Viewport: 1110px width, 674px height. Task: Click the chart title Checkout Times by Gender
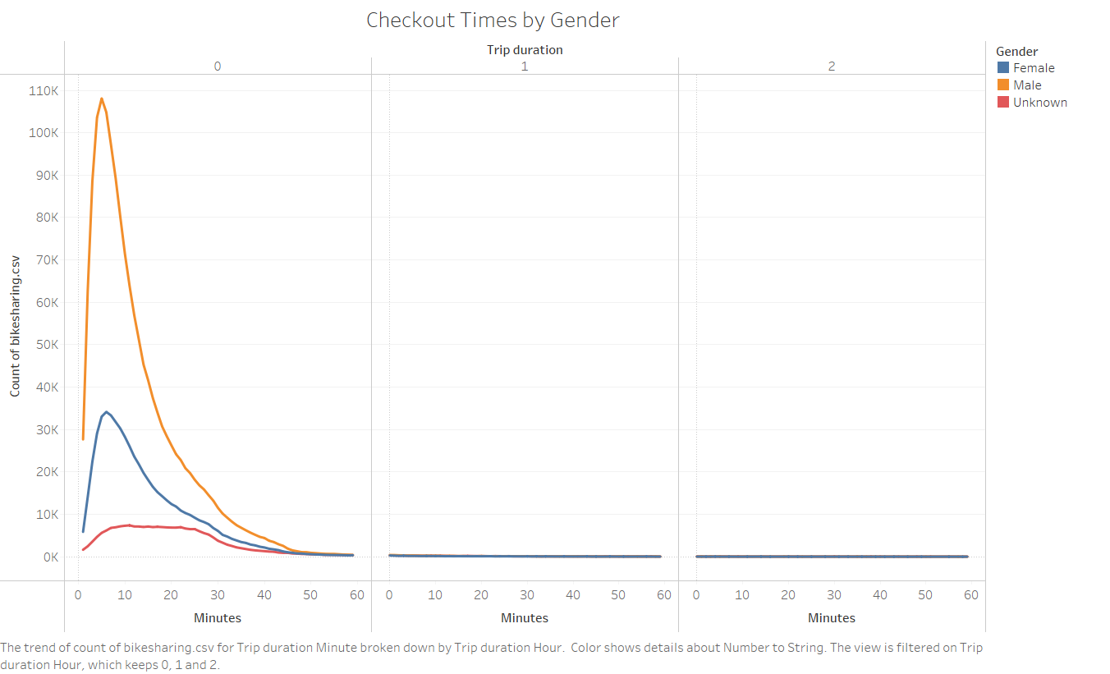[493, 21]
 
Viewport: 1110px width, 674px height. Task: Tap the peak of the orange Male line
[102, 99]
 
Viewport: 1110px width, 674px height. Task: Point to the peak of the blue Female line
[107, 411]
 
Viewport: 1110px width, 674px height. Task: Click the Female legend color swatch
[1002, 68]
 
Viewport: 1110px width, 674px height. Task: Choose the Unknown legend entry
[1039, 103]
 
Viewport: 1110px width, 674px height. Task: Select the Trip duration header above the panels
[525, 49]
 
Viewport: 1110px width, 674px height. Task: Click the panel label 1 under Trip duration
[525, 66]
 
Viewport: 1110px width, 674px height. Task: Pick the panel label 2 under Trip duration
[832, 66]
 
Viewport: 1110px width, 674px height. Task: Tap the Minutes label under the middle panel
[525, 617]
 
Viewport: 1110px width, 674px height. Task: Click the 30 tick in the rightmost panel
[834, 595]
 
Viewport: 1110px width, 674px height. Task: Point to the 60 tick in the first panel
[357, 595]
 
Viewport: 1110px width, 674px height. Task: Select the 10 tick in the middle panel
[435, 595]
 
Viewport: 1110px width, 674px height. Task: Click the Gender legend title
[1016, 52]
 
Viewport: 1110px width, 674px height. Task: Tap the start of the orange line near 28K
[83, 438]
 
